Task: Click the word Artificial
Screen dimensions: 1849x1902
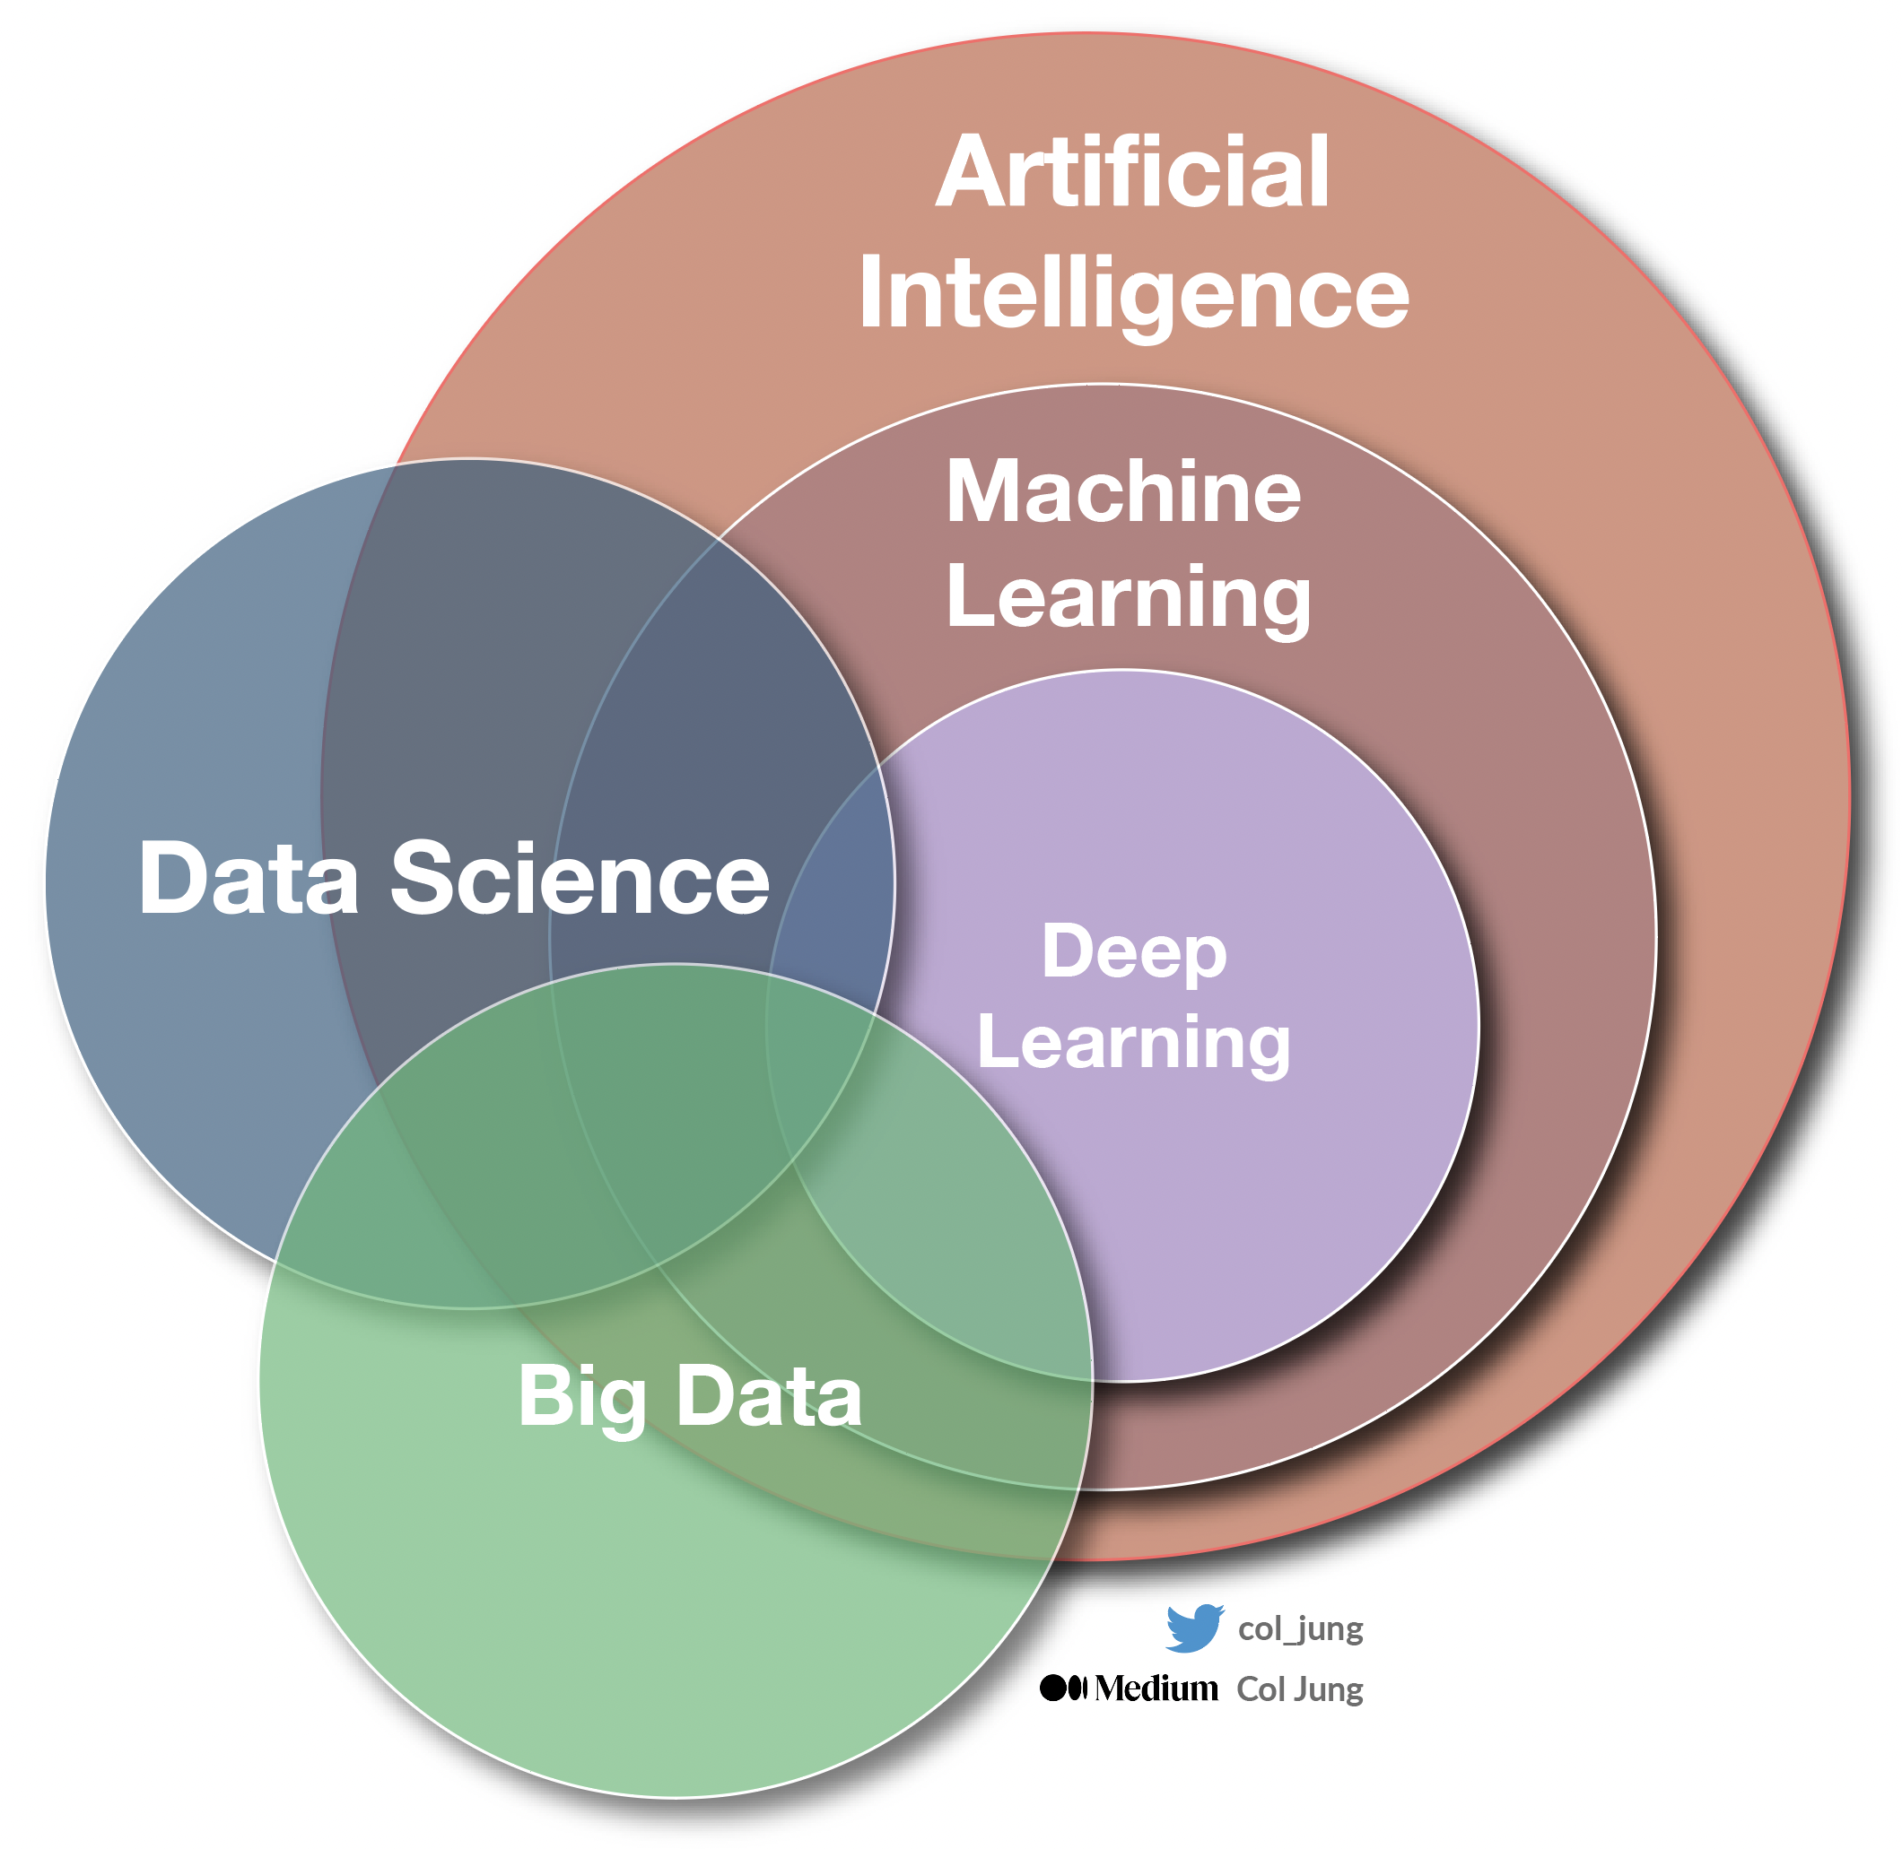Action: pyautogui.click(x=1132, y=173)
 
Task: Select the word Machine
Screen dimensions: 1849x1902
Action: pyautogui.click(x=1123, y=491)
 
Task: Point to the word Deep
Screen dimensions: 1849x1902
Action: pyautogui.click(x=1134, y=951)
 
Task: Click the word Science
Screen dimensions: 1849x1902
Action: pyautogui.click(x=580, y=878)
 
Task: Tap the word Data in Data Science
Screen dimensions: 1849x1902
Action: pyautogui.click(x=249, y=878)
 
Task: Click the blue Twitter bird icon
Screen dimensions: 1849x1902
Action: pyautogui.click(x=1194, y=1628)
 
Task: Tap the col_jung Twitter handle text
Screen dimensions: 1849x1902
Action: pyautogui.click(x=1300, y=1628)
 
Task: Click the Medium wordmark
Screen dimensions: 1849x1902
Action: pyautogui.click(x=1156, y=1688)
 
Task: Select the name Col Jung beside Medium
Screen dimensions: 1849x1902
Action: pyautogui.click(x=1300, y=1689)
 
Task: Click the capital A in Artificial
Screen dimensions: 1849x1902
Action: pyautogui.click(x=973, y=173)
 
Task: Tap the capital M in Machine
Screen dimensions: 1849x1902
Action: pyautogui.click(x=982, y=491)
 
